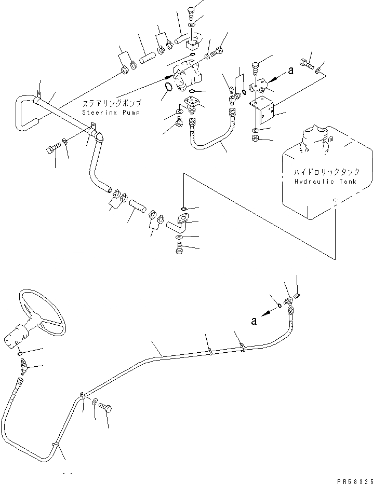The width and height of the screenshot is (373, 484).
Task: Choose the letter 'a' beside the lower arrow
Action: tap(254, 321)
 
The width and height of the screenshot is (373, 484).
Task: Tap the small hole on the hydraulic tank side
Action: tap(336, 199)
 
